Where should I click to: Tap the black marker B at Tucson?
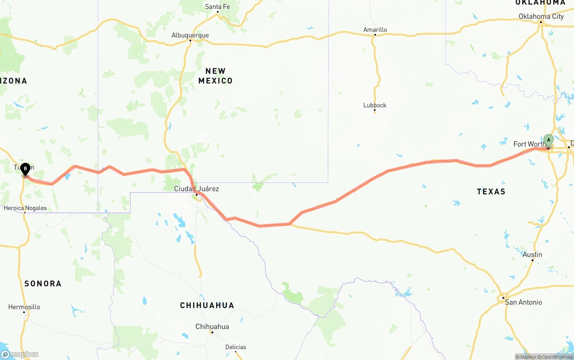(26, 169)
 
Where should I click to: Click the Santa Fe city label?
(217, 7)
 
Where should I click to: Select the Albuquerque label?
(190, 35)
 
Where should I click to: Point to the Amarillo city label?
(375, 30)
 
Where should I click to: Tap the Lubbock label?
(375, 105)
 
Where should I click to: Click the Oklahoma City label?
(541, 17)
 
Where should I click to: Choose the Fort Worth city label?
(529, 144)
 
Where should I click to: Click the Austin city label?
(532, 255)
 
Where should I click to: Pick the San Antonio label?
(523, 302)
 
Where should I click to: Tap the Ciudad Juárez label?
(196, 189)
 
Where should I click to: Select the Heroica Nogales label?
(25, 208)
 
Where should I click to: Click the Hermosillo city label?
(24, 307)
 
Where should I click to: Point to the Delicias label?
(235, 347)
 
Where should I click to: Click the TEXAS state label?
(491, 191)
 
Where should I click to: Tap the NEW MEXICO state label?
(216, 76)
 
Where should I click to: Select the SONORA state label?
(43, 283)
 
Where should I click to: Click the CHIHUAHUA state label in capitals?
(207, 305)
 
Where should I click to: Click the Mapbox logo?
(20, 355)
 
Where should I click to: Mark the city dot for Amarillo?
(375, 35)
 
